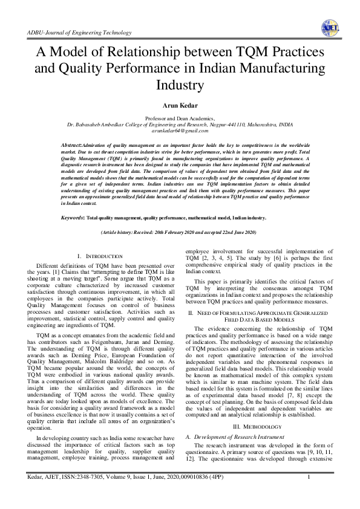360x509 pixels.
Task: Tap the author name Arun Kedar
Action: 180,106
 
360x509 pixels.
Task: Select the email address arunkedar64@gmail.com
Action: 180,130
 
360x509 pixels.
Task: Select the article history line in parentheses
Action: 180,232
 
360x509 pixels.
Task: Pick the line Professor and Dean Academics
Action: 180,118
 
